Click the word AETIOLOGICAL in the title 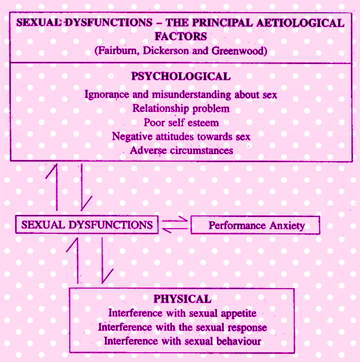(300, 23)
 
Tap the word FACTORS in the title (181, 36)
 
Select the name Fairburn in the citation (117, 51)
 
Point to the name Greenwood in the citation (239, 51)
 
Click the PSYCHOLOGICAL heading (181, 76)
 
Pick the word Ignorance (107, 95)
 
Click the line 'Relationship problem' (181, 109)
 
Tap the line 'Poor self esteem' (181, 122)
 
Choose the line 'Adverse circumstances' (181, 151)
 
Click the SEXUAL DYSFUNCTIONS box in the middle (87, 225)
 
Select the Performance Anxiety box (255, 225)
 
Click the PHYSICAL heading (182, 299)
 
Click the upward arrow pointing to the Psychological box (57, 187)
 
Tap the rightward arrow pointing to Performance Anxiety (175, 221)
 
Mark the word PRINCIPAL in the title (222, 23)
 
